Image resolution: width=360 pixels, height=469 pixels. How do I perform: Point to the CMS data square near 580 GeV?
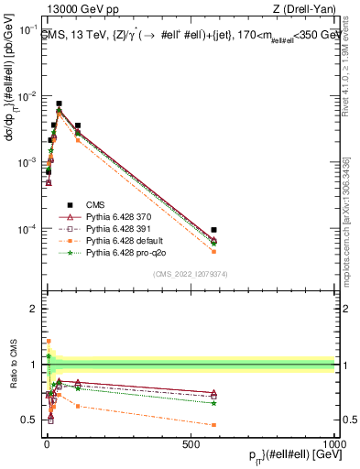[213, 230]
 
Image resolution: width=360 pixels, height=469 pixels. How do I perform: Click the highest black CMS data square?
[59, 104]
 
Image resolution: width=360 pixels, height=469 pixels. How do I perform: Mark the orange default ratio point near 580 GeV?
[213, 425]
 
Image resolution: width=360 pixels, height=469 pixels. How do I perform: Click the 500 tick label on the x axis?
[190, 443]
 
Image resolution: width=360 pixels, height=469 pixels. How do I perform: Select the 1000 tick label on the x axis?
[333, 443]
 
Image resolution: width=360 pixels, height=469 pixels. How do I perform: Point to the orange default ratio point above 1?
[49, 341]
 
